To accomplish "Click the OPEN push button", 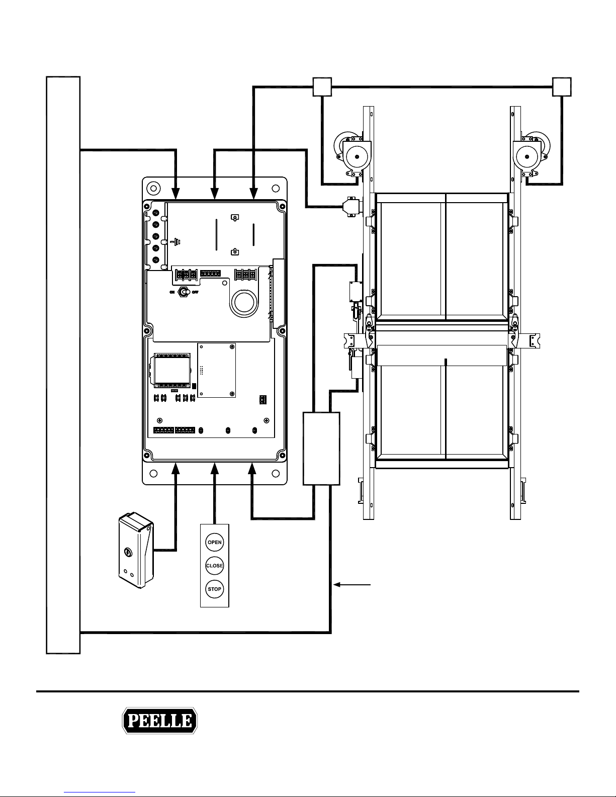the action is pos(215,543).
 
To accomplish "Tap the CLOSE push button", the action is pos(215,566).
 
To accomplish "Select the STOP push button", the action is pos(215,589).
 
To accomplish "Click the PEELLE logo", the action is pos(160,722).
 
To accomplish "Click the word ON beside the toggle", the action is pos(173,292).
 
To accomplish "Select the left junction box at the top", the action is pos(322,86).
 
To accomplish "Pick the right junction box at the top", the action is pos(562,86).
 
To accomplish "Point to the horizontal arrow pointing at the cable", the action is pos(353,585).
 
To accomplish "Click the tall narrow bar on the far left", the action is pos(63,365).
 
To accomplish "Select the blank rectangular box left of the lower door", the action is pos(321,448).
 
